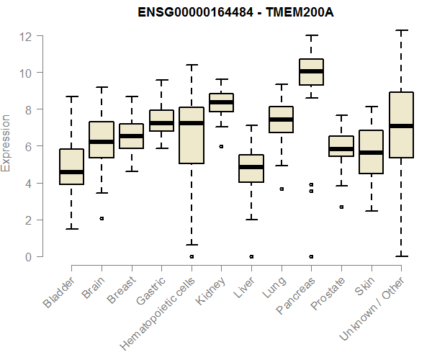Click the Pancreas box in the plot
pyautogui.click(x=311, y=72)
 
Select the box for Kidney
pyautogui.click(x=221, y=102)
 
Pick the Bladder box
pyautogui.click(x=71, y=166)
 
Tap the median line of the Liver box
pyautogui.click(x=251, y=167)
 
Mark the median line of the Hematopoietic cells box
pyautogui.click(x=191, y=123)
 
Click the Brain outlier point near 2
pyautogui.click(x=102, y=218)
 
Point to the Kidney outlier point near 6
pyautogui.click(x=221, y=146)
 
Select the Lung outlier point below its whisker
pyautogui.click(x=281, y=189)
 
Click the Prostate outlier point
pyautogui.click(x=341, y=207)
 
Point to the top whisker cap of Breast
pyautogui.click(x=131, y=96)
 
